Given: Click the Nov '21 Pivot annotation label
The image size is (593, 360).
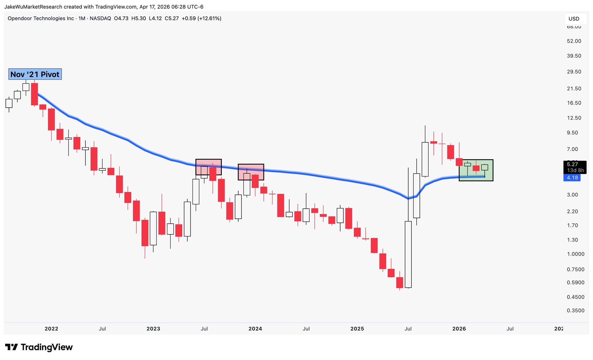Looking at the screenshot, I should click(x=35, y=74).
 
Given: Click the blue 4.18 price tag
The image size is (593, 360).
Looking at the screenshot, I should click(x=572, y=178).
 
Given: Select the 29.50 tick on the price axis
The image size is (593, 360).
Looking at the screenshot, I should click(x=574, y=72).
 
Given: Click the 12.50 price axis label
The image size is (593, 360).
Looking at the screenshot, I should click(x=574, y=118).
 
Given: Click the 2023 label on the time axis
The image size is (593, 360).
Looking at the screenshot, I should click(x=153, y=329).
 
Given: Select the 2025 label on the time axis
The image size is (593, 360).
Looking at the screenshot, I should click(x=357, y=329).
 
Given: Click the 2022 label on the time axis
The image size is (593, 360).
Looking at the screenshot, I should click(x=51, y=329).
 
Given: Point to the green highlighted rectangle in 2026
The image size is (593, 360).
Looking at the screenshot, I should click(x=476, y=170).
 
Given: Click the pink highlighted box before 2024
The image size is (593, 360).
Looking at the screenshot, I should click(x=251, y=172).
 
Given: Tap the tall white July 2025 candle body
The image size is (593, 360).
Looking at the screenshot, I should click(x=408, y=255).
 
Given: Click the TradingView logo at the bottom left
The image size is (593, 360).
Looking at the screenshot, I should click(x=39, y=347).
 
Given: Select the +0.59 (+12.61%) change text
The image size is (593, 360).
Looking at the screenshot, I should click(x=201, y=19).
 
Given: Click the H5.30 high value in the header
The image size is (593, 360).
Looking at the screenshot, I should click(x=138, y=19).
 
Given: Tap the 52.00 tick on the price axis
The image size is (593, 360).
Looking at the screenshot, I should click(x=574, y=41).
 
